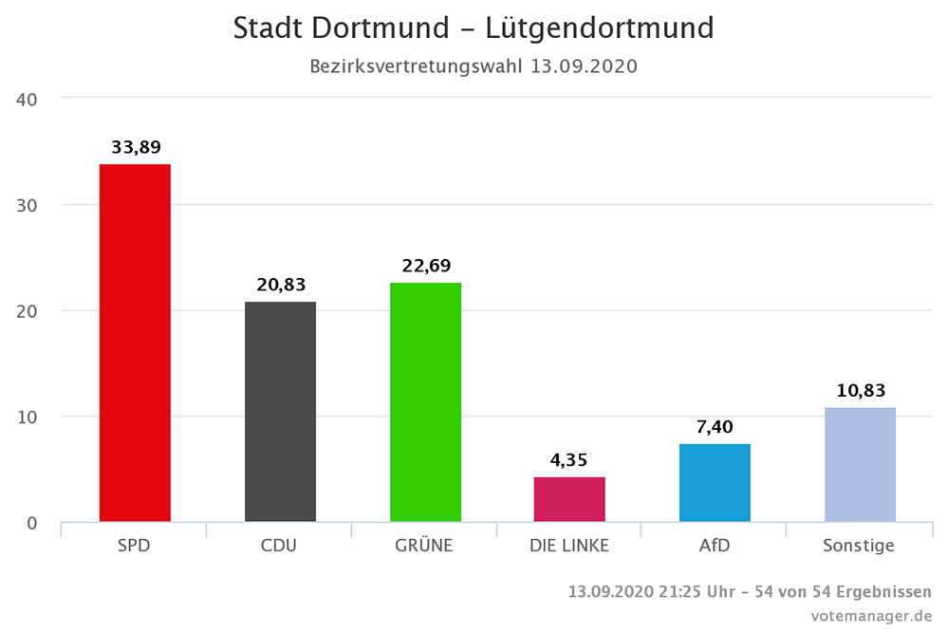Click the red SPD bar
coord(135,343)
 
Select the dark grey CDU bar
coord(280,412)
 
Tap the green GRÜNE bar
coord(425,402)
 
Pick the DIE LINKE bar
coord(569,499)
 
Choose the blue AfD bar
coord(715,483)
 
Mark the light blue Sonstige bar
coord(860,465)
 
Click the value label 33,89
coord(136,147)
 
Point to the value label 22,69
coord(425,266)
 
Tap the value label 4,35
coord(569,460)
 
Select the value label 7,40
coord(715,427)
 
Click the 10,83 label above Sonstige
coord(860,391)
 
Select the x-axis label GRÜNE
coord(425,547)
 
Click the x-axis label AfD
coord(715,547)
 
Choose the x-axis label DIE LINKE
coord(569,547)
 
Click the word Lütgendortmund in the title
coord(599,28)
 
